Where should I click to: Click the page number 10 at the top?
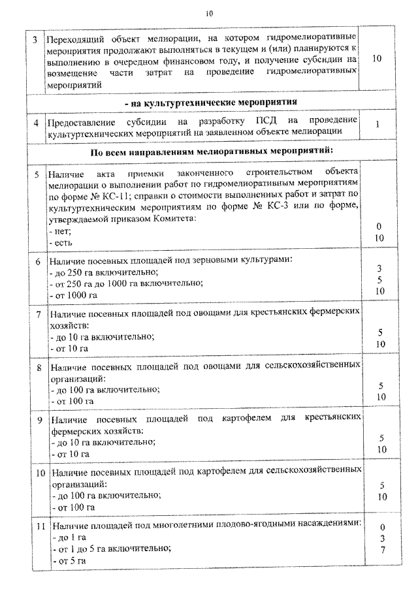coord(209,12)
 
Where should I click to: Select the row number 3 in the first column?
coord(36,40)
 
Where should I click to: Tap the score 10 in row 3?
coord(376,59)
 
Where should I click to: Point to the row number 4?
coord(37,122)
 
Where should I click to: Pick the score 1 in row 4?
coord(378,123)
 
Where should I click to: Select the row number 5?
coord(37,174)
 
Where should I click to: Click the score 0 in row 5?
coord(379,226)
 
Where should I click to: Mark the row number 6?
coord(38,261)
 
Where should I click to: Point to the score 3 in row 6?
coord(379,268)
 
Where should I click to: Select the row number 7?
coord(38,315)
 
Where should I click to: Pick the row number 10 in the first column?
coord(40,471)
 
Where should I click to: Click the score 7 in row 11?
coord(381,551)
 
